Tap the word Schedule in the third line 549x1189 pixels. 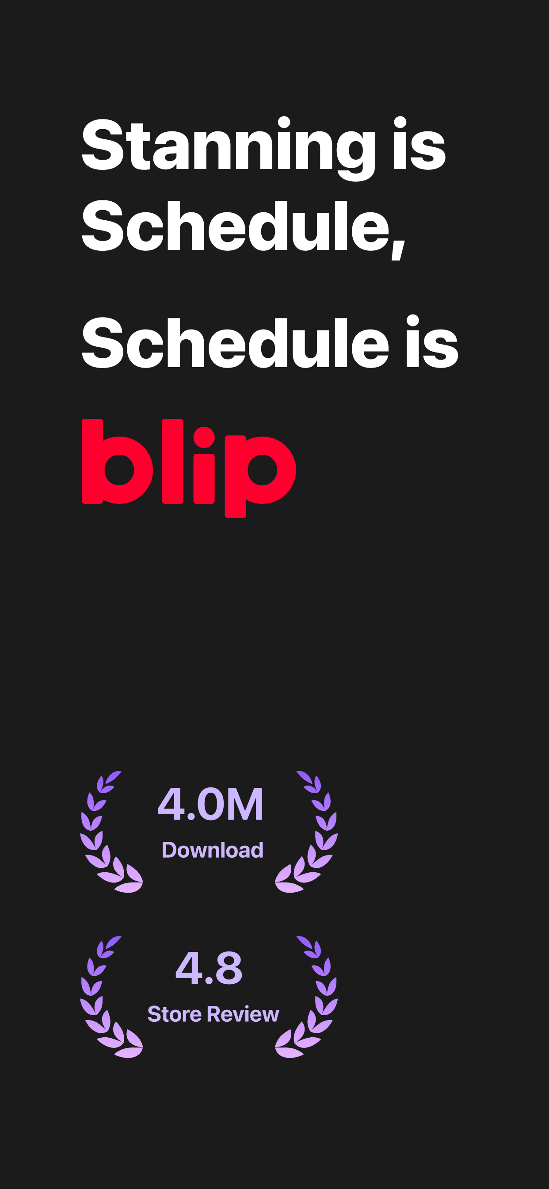235,343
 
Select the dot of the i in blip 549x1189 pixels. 204,437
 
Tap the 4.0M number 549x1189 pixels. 210,805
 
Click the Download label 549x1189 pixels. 212,850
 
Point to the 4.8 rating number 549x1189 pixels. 209,967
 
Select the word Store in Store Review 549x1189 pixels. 175,1014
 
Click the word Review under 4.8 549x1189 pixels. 243,1014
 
